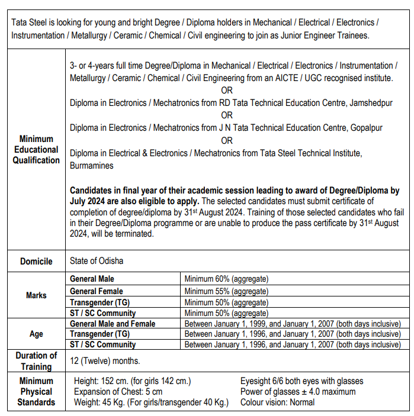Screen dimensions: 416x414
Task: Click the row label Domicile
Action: click(x=36, y=261)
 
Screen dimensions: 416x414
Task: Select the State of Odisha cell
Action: click(x=97, y=261)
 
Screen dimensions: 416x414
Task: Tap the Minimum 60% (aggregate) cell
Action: click(x=226, y=279)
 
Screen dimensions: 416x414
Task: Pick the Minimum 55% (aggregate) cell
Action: click(x=226, y=291)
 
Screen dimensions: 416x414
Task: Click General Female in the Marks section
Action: click(x=97, y=291)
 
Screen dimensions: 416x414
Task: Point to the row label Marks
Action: click(x=36, y=295)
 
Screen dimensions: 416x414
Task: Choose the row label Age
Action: click(x=36, y=334)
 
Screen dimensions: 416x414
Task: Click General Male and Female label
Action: click(x=113, y=324)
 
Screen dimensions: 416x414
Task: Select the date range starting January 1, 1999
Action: click(x=293, y=324)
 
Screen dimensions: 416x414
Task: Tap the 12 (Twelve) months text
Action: click(x=105, y=360)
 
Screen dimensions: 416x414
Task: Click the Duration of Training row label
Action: click(x=36, y=360)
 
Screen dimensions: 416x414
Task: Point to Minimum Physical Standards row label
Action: click(x=36, y=392)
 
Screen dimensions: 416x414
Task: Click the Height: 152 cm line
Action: click(x=132, y=381)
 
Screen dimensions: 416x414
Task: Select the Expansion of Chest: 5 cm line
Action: click(x=118, y=392)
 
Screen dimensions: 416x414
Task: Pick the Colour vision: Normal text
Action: click(x=277, y=402)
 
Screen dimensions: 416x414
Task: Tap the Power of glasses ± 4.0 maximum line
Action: click(x=298, y=392)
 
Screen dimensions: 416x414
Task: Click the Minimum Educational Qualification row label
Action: click(x=36, y=150)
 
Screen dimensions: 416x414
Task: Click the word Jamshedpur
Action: click(x=371, y=103)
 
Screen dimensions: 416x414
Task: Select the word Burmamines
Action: click(x=92, y=166)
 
